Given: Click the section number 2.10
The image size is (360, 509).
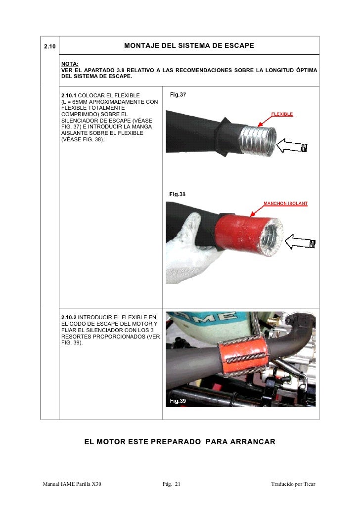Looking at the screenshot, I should [49, 46].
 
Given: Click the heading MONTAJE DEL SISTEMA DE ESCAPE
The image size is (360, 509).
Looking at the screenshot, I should [189, 46].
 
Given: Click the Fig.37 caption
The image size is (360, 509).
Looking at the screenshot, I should [178, 94].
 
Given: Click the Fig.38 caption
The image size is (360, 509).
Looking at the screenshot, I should [178, 194].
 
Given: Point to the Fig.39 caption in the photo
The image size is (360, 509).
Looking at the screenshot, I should [178, 401].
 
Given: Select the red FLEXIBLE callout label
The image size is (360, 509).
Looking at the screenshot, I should [282, 114].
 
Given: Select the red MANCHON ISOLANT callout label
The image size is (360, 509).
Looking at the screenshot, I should [285, 204].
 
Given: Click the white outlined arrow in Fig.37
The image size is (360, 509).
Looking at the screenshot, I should [292, 147].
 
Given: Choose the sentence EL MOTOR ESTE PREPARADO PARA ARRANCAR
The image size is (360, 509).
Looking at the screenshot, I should [180, 441].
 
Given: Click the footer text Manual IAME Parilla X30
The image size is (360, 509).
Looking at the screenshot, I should [72, 484].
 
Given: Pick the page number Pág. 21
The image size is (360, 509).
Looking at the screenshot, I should [172, 484].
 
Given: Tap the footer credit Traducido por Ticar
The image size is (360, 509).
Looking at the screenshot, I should [293, 484].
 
